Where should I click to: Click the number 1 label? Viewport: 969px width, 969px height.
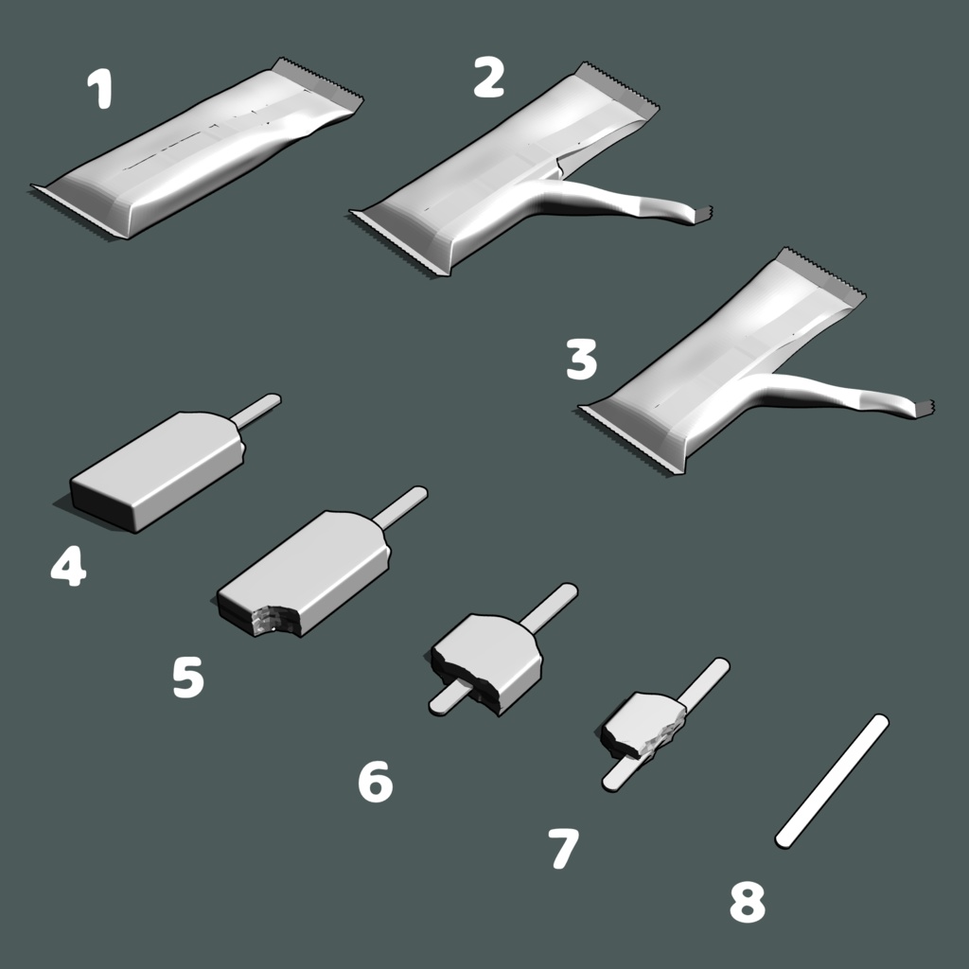100,88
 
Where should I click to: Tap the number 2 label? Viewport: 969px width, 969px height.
489,78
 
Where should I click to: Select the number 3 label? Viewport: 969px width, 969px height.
582,359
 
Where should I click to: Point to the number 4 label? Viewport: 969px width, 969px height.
68,566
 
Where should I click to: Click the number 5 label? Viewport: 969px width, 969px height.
188,678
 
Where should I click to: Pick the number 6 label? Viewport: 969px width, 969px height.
376,782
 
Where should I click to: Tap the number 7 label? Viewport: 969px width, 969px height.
564,849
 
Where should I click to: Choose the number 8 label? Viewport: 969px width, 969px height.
748,902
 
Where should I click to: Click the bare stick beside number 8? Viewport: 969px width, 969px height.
832,782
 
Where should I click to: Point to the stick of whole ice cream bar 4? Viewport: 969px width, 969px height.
255,411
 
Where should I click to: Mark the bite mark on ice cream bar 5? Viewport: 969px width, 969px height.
272,618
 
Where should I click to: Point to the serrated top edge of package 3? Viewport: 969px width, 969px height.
822,275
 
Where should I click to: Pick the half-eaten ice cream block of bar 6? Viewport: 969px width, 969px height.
488,661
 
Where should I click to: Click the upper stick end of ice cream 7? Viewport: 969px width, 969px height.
720,666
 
